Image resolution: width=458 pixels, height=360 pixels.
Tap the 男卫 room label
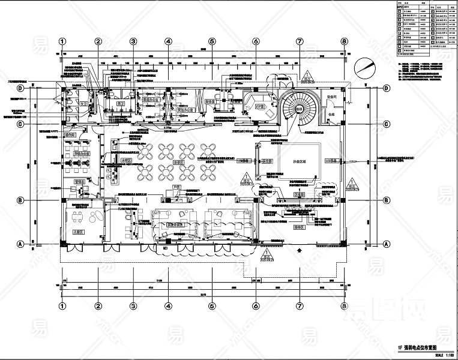point(120,103)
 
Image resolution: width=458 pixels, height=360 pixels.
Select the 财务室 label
point(211,102)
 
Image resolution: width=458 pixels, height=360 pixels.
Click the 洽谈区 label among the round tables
point(178,161)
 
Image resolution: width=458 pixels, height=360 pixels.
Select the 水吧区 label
point(126,161)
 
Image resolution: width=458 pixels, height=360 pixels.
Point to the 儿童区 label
point(77,230)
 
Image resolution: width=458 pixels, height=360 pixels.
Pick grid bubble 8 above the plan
point(344,41)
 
